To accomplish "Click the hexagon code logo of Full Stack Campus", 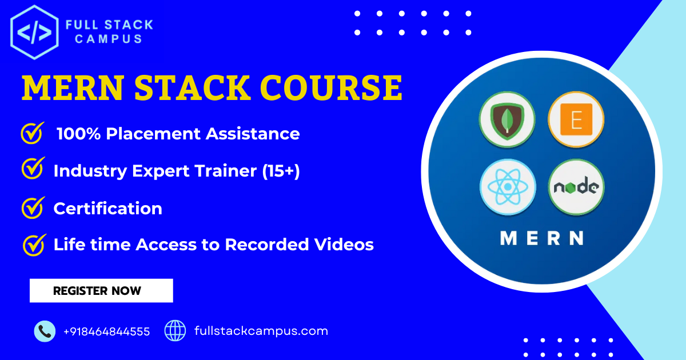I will (34, 33).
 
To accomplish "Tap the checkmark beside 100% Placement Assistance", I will (32, 133).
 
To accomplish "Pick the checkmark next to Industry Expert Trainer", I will (32, 170).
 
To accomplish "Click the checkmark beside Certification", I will (32, 207).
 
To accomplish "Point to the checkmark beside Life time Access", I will (33, 245).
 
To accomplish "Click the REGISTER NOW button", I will (101, 290).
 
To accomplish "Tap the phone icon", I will (45, 331).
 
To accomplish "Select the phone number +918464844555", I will (107, 331).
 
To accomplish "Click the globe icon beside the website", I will (175, 330).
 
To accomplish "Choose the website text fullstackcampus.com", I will (261, 331).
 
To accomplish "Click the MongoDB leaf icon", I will (507, 120).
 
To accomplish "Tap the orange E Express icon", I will (576, 120).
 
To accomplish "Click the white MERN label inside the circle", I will (541, 238).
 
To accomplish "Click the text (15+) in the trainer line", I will (281, 171).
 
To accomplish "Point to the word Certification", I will (107, 209).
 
